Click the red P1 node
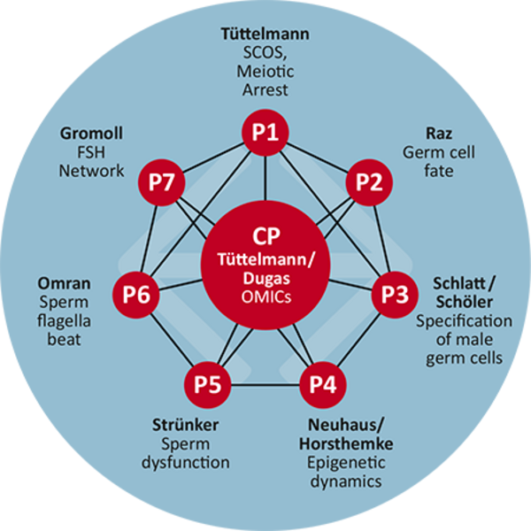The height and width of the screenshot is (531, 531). point(265,134)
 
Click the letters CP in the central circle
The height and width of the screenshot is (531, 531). point(265,237)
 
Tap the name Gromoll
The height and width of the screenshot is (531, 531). point(91,134)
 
